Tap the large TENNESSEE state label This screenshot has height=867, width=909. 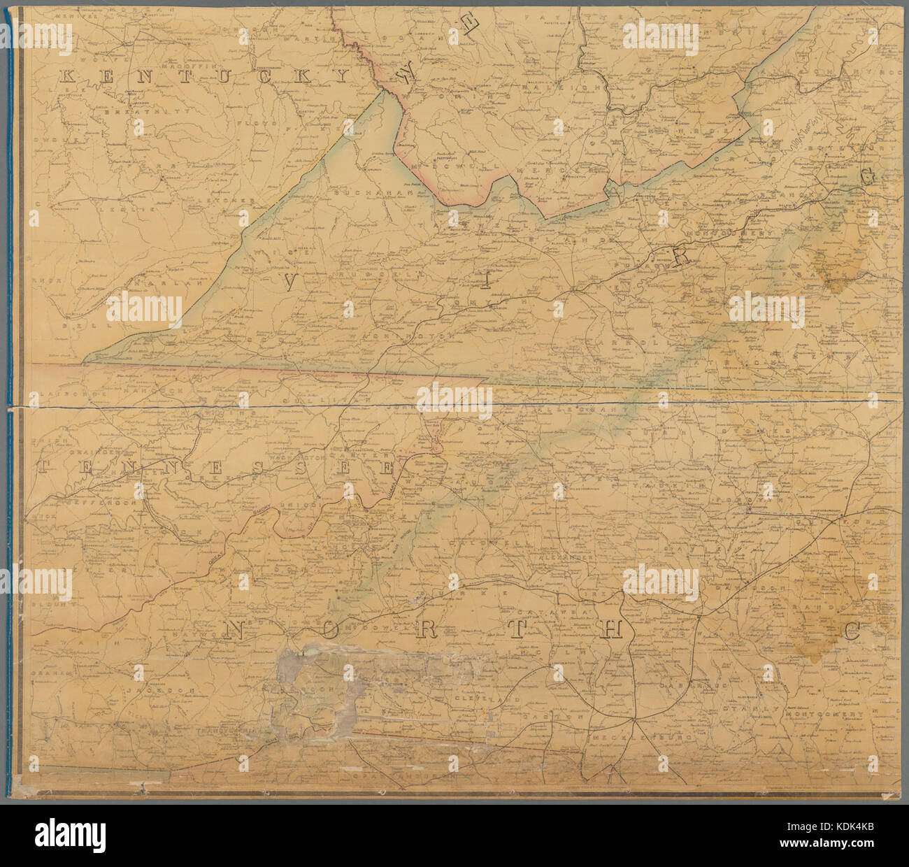217,468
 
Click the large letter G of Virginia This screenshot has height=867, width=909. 868,178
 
